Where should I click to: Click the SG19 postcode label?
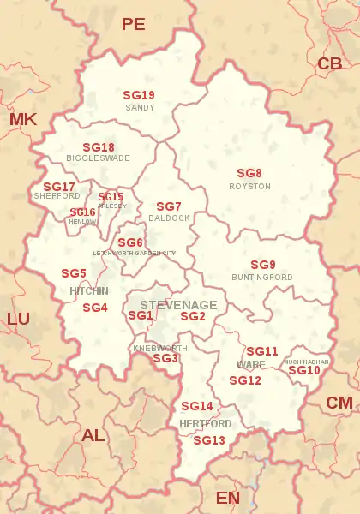tap(139, 96)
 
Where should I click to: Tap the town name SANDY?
tap(140, 108)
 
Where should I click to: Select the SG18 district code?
tap(99, 147)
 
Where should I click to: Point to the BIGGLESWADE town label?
tap(98, 158)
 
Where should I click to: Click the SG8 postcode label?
tap(249, 173)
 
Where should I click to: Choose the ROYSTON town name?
tap(249, 186)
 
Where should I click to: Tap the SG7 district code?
tap(169, 206)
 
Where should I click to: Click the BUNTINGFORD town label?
tap(262, 278)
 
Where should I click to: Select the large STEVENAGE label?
tap(178, 305)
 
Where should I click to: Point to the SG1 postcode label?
tap(140, 315)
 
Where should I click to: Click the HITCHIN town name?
tap(89, 291)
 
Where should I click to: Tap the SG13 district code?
tap(209, 440)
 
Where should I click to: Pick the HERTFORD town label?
tap(205, 424)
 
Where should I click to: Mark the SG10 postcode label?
tap(304, 370)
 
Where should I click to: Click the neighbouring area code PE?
tap(134, 24)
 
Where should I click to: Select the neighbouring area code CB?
tap(330, 63)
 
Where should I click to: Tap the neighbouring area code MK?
tap(23, 119)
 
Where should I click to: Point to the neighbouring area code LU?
tap(18, 319)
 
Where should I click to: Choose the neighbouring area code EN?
tap(228, 498)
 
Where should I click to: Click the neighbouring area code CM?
tap(339, 403)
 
